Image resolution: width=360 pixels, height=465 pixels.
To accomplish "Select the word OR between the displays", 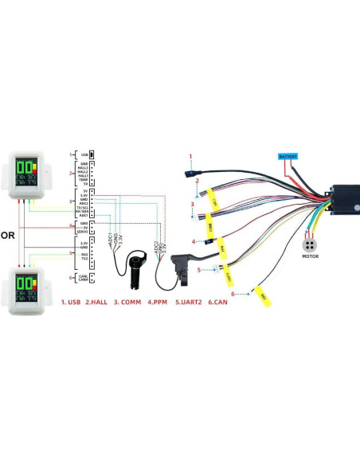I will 7,236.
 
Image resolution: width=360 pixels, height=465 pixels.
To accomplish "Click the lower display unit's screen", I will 27,287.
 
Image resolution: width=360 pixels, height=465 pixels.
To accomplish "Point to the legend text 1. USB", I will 71,303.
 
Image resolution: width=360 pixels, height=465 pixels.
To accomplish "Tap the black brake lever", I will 179,267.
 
